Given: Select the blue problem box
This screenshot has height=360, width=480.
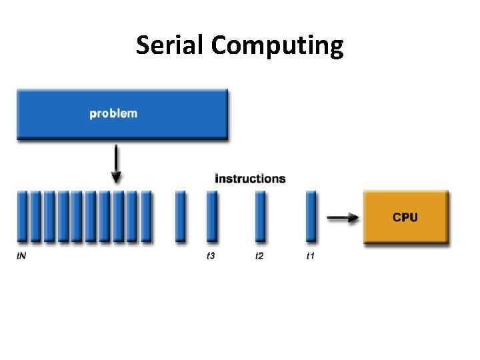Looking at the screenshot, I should pyautogui.click(x=122, y=114).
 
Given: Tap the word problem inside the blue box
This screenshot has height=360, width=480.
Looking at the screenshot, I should pyautogui.click(x=113, y=113).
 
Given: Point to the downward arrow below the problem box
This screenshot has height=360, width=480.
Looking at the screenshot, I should pyautogui.click(x=117, y=163).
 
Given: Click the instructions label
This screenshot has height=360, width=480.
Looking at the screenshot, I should pyautogui.click(x=250, y=179).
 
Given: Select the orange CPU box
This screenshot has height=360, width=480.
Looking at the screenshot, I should pyautogui.click(x=405, y=217).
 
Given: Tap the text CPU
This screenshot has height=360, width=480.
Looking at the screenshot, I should pyautogui.click(x=405, y=217).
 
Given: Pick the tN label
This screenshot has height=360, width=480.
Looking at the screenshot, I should pyautogui.click(x=21, y=256).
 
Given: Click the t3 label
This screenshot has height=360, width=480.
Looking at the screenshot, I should pyautogui.click(x=211, y=256).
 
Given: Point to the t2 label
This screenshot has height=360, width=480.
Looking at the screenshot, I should pyautogui.click(x=259, y=256).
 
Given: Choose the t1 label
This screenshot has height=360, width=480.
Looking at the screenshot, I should pyautogui.click(x=310, y=256).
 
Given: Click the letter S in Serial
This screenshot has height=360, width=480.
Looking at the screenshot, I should pyautogui.click(x=143, y=45).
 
